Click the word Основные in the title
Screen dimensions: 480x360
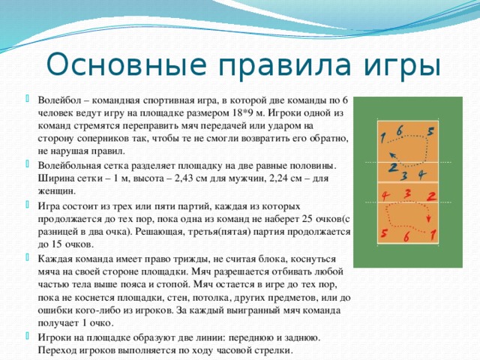pos(126,65)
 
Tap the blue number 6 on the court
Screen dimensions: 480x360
pos(399,130)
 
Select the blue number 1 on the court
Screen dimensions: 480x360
pos(382,137)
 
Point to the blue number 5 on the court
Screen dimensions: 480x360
pos(430,132)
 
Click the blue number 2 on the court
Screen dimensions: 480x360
pos(393,168)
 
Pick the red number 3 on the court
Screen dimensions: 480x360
pos(407,193)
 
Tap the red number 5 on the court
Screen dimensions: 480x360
pos(383,233)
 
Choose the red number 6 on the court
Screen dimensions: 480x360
pos(406,237)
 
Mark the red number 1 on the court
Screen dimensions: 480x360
pos(433,235)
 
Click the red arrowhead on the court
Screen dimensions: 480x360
pos(428,219)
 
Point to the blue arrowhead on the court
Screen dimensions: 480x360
pos(392,154)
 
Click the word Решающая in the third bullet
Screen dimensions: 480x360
pos(158,232)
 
